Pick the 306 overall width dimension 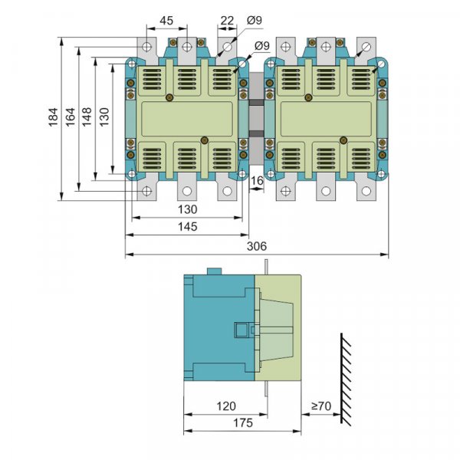tap(257, 246)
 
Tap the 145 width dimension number tap(187, 226)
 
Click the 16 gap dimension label tap(258, 180)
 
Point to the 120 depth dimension tap(226, 406)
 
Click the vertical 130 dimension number tap(105, 117)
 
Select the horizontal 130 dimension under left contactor tap(187, 209)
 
